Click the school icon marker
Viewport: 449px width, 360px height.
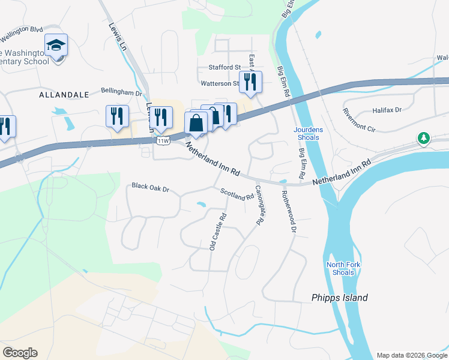click(56, 46)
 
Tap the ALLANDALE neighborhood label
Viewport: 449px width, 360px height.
click(64, 95)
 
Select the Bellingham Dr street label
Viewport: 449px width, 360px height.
click(121, 93)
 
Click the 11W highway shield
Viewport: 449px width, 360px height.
click(163, 141)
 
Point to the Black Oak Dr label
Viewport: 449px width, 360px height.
click(151, 188)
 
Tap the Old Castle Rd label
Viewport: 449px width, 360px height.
click(217, 232)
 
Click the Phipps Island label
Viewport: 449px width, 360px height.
click(340, 298)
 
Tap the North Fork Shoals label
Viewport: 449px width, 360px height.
click(340, 268)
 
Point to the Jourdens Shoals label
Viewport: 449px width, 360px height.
click(306, 133)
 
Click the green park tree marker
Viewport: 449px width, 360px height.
click(424, 139)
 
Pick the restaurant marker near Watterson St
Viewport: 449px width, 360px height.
click(250, 82)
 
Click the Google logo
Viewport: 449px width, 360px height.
click(20, 353)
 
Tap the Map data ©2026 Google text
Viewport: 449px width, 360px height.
click(411, 355)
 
